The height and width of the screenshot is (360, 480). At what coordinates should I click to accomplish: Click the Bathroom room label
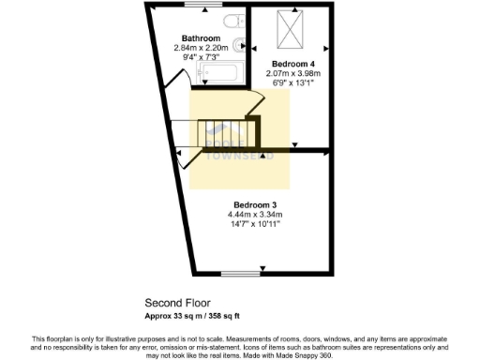[x=201, y=38]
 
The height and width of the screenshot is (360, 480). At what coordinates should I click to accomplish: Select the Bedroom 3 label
[x=255, y=204]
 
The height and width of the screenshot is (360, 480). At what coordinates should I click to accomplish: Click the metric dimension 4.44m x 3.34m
[x=255, y=215]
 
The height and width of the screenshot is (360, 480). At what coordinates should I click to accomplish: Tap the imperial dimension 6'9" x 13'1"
[x=292, y=82]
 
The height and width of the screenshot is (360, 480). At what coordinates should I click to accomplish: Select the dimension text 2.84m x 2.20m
[x=201, y=48]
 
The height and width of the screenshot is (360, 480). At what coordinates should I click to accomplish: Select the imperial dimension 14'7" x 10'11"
[x=255, y=225]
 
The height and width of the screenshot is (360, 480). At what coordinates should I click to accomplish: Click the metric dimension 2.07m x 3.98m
[x=292, y=72]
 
